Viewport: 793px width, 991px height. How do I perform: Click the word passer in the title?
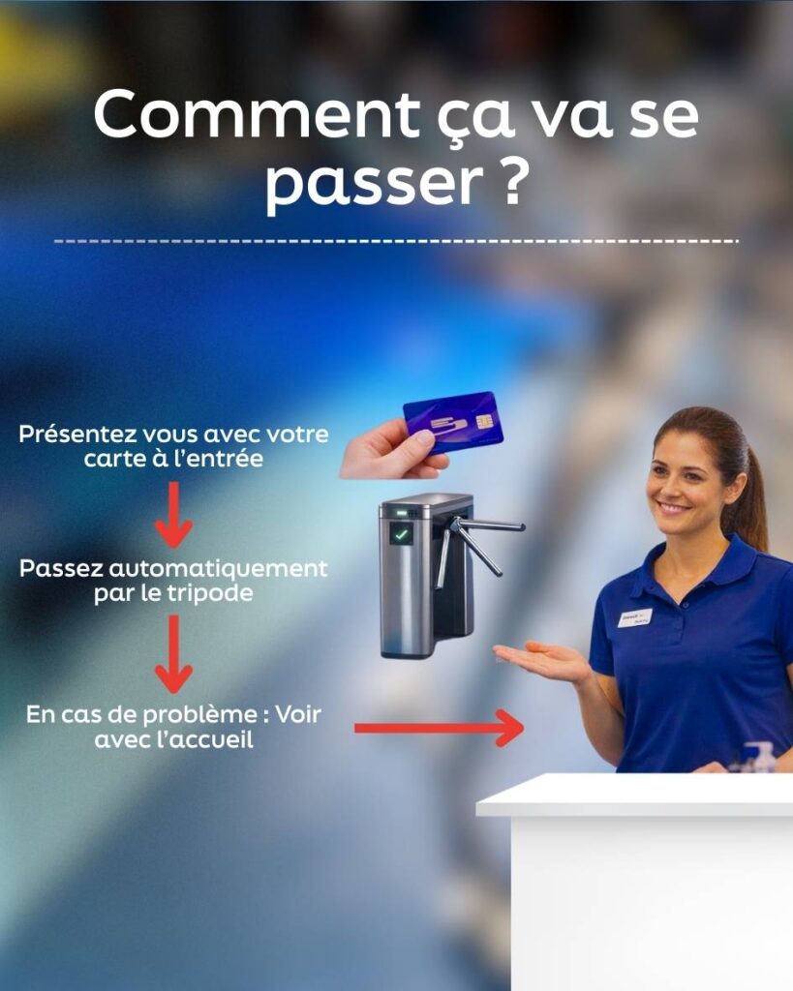374,187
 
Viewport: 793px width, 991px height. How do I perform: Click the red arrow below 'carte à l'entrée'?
174,515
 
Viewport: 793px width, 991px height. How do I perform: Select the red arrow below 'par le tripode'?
174,654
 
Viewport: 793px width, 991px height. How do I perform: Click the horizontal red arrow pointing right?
439,728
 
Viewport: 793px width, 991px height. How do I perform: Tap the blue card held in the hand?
454,422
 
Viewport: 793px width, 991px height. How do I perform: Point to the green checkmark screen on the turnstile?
400,534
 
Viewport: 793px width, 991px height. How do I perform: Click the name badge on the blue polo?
635,617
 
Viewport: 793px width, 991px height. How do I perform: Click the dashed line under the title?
397,241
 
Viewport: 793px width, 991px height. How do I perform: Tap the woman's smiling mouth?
674,507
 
